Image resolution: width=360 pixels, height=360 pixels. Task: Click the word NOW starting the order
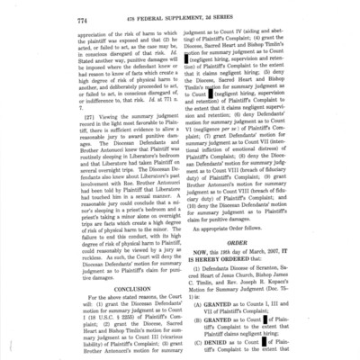point(199,258)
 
